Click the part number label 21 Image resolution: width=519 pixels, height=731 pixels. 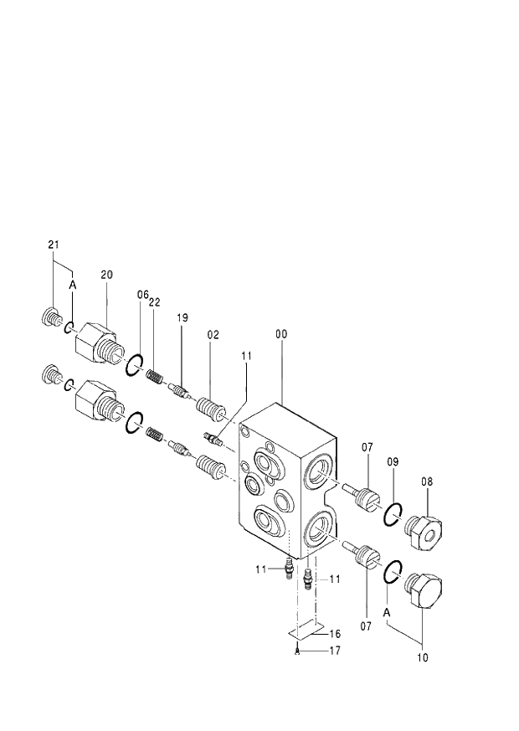54,245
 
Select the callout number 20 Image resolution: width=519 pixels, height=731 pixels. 106,274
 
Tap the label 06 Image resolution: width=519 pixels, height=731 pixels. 142,295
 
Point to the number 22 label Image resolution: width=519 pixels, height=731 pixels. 155,301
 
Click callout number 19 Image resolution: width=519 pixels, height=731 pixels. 182,317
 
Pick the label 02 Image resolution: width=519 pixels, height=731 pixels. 213,334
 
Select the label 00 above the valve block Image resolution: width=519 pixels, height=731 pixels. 281,334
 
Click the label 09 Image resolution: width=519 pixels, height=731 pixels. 393,462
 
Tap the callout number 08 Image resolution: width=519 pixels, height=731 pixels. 426,481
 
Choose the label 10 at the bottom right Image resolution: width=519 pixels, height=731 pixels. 422,658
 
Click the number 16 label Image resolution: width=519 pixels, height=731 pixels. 335,634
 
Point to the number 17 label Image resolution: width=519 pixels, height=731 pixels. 335,650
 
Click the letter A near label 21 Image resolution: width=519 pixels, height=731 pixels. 72,285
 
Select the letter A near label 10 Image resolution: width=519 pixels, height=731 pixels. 388,612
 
